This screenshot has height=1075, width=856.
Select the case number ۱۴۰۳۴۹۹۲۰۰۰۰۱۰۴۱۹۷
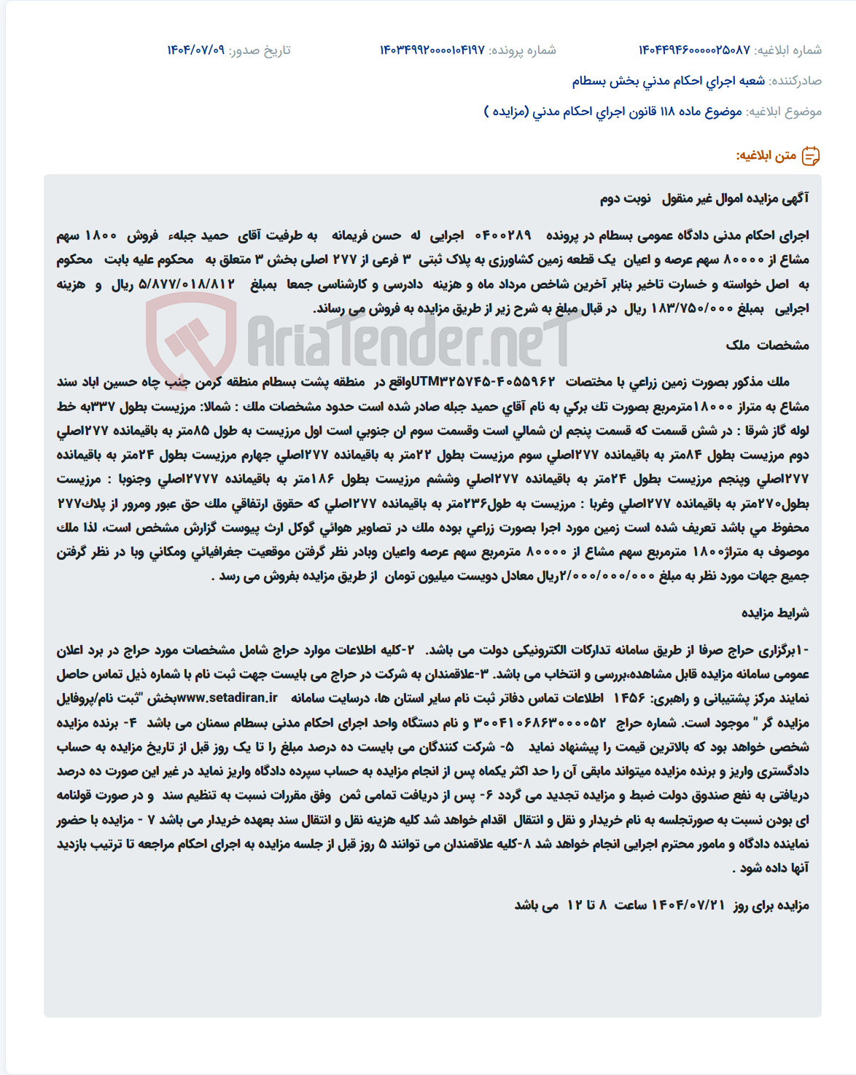[x=432, y=50]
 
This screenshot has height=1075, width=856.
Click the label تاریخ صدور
[x=260, y=50]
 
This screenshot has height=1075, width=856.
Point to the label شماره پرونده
[x=522, y=50]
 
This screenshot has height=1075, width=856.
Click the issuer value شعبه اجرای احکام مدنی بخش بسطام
[x=668, y=81]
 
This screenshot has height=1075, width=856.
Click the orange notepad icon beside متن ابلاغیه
[x=811, y=156]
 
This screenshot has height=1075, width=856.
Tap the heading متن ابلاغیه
[x=766, y=156]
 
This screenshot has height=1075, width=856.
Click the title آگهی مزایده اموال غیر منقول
[x=735, y=198]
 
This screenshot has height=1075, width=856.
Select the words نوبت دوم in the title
[x=626, y=198]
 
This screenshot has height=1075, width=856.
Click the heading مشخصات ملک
[x=767, y=345]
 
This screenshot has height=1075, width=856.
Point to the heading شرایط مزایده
[x=775, y=613]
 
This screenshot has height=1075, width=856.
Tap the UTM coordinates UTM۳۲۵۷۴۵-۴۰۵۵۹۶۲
[x=483, y=382]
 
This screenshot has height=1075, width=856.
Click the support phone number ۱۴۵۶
[x=629, y=698]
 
